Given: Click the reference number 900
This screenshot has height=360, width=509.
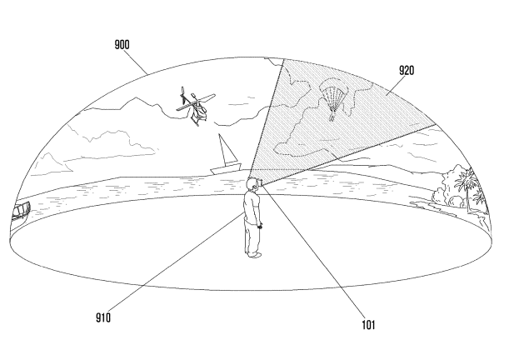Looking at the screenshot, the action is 122,45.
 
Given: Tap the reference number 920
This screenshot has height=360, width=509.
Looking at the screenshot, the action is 407,70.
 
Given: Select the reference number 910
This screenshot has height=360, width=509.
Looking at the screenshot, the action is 103,317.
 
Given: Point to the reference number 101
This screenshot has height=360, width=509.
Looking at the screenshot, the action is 368,325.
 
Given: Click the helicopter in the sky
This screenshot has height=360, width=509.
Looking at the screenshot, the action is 196,106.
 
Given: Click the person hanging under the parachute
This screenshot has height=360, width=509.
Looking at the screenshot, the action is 332,116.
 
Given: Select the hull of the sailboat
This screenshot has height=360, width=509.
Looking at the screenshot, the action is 226,169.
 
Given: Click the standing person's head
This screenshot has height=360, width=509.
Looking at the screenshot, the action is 252,184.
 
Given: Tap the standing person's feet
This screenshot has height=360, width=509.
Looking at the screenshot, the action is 253,255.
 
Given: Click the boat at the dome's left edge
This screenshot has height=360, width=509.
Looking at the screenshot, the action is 21,211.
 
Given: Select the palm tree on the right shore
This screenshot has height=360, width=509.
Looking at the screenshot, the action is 468,187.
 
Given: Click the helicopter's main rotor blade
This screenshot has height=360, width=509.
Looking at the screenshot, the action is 196,102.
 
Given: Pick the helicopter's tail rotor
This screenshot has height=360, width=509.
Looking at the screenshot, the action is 182,95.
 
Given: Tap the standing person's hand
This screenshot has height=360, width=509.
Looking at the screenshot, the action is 260,226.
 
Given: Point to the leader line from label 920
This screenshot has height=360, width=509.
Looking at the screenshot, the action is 396,85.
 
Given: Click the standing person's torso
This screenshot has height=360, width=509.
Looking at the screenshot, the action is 252,206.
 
